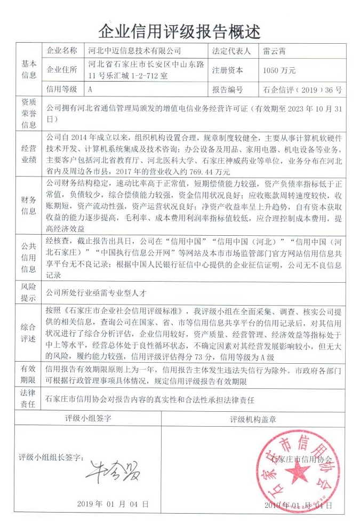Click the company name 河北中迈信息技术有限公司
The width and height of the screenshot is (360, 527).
tap(134, 51)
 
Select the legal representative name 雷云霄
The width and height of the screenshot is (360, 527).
tap(274, 51)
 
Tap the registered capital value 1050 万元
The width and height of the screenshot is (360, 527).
tap(279, 70)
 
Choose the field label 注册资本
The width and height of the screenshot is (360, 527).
tap(227, 70)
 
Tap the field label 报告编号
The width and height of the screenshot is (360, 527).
tap(227, 89)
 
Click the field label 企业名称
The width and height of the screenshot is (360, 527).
tap(62, 51)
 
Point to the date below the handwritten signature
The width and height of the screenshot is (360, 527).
tap(113, 504)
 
